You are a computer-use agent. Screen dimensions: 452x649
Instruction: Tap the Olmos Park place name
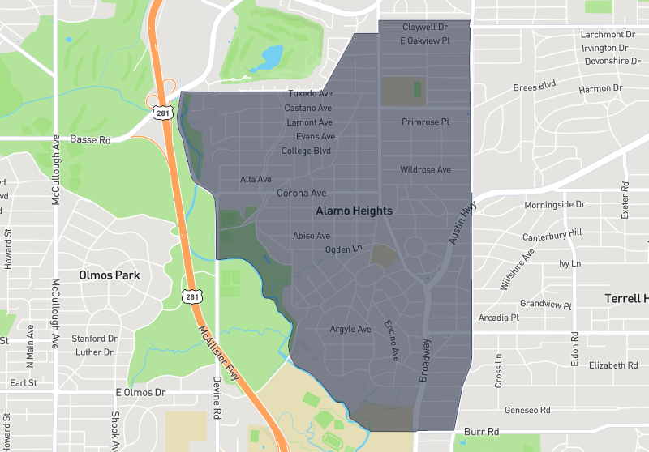[110, 275]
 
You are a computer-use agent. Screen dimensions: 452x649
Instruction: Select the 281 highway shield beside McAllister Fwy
[191, 296]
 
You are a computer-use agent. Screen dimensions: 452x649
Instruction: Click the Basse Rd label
[90, 139]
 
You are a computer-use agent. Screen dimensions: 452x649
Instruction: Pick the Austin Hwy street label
[462, 222]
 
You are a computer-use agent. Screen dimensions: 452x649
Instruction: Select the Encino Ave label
[391, 340]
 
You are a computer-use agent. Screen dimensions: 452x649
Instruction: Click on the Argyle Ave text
[350, 329]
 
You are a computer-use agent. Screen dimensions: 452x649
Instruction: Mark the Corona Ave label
[301, 194]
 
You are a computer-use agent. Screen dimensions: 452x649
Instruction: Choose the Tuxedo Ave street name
[310, 94]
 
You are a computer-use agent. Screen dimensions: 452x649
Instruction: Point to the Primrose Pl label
[425, 122]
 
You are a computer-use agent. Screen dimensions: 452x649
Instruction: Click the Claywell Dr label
[425, 27]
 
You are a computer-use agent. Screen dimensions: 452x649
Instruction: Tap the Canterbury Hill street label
[552, 233]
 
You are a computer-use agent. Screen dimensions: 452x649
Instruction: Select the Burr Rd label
[482, 432]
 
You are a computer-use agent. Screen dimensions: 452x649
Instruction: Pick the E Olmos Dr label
[140, 393]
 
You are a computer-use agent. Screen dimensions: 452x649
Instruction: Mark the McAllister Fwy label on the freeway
[221, 343]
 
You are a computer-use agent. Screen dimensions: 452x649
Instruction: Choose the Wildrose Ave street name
[425, 170]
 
